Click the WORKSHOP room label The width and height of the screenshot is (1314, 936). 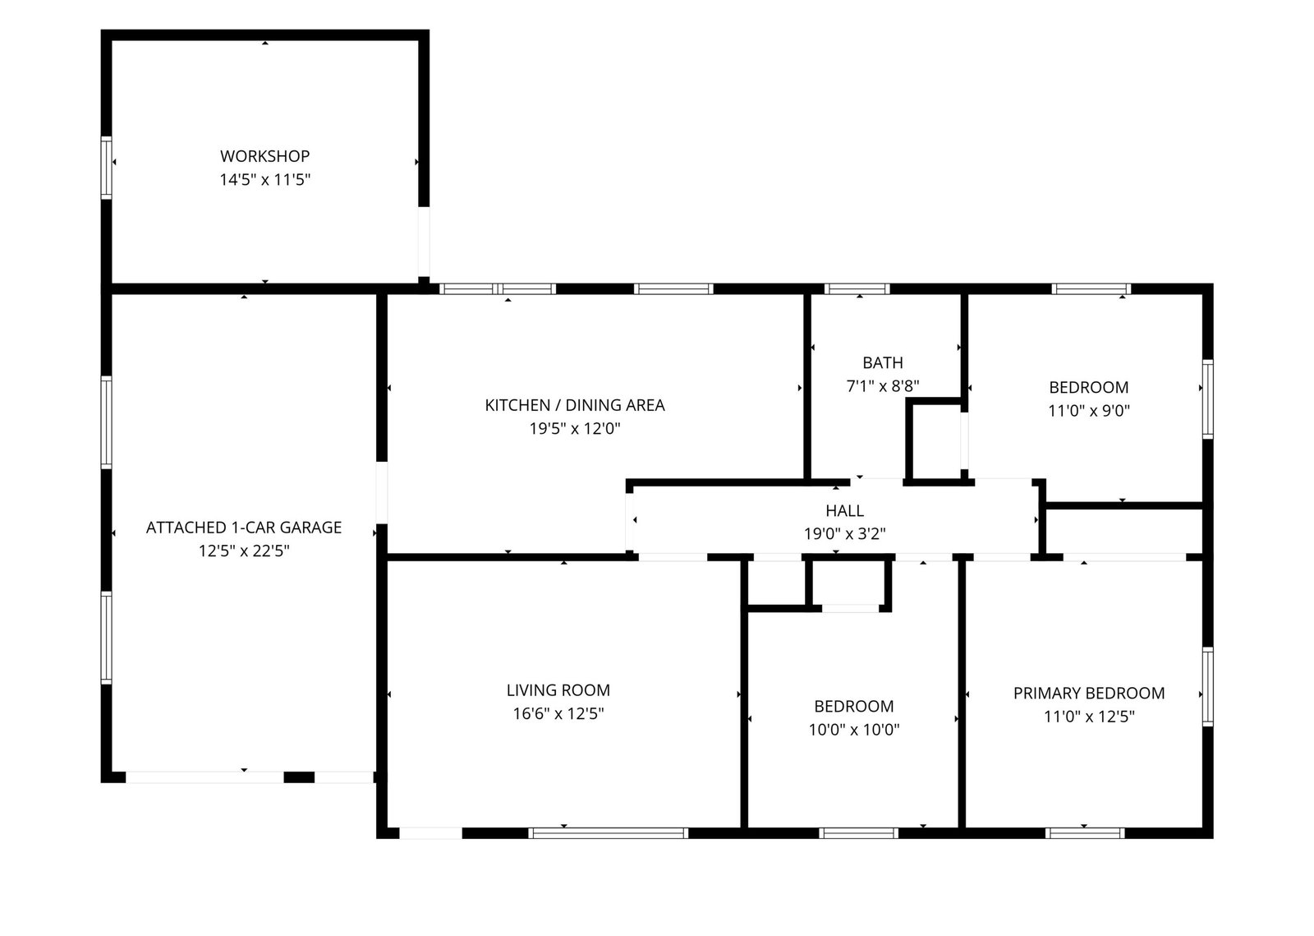[x=264, y=156]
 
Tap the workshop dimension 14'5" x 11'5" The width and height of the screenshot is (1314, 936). [x=264, y=180]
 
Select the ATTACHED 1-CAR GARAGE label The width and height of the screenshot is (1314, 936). [x=243, y=528]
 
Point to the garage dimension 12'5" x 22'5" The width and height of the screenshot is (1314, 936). [x=243, y=551]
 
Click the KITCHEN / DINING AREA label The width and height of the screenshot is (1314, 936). [x=574, y=405]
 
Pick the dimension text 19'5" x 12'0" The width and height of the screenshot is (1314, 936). [x=574, y=429]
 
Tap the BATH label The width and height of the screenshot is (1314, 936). [x=882, y=363]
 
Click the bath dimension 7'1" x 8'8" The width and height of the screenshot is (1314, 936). [x=882, y=386]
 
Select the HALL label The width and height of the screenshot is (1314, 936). [x=844, y=511]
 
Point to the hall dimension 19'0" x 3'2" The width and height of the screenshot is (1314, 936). [x=844, y=534]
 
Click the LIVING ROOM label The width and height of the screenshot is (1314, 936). [x=558, y=691]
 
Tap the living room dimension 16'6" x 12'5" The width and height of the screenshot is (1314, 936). [x=558, y=714]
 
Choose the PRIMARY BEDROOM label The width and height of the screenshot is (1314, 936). [x=1089, y=694]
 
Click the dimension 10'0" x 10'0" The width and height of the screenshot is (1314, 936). [x=853, y=730]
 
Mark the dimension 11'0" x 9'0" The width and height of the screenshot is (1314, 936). [x=1089, y=411]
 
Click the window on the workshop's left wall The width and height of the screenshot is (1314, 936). [x=106, y=168]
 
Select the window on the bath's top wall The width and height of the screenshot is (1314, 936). [x=857, y=288]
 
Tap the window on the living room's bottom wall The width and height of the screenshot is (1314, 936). [x=608, y=833]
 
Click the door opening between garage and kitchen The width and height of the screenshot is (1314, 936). [x=382, y=493]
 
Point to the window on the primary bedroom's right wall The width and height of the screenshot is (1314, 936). [x=1208, y=687]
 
